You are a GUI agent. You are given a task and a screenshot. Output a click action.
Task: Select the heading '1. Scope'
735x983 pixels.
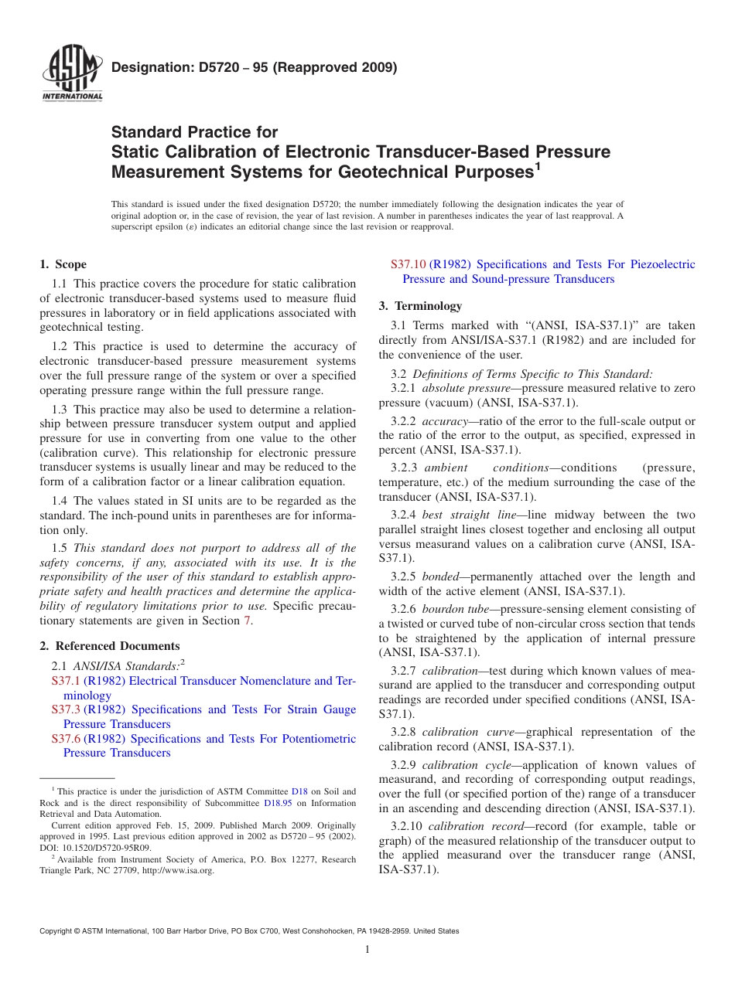click(63, 264)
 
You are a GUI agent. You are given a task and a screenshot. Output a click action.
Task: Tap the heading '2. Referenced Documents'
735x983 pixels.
click(110, 646)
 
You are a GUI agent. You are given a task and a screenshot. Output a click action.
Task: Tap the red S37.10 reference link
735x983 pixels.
click(408, 264)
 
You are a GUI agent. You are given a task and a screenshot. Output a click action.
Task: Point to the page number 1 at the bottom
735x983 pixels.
click(367, 950)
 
